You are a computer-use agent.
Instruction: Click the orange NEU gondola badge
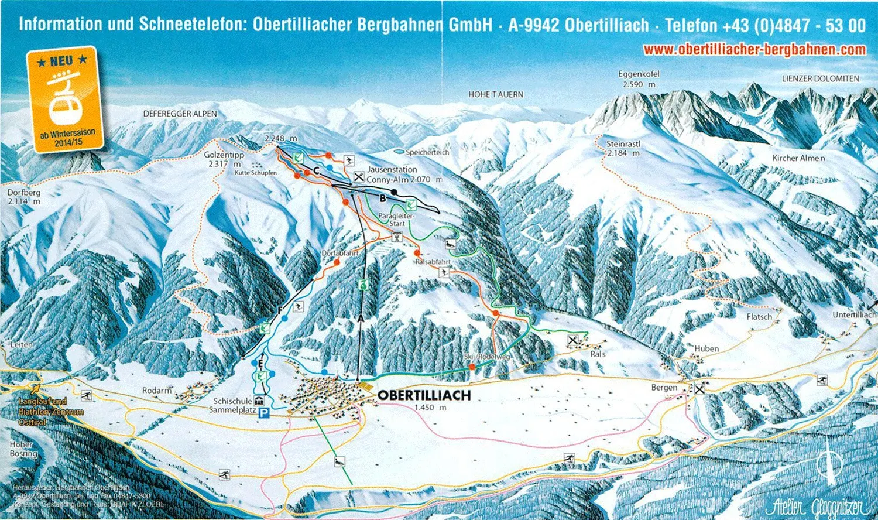pyautogui.click(x=61, y=100)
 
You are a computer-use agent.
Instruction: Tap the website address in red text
pyautogui.click(x=754, y=50)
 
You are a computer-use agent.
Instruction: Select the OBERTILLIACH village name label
pyautogui.click(x=424, y=395)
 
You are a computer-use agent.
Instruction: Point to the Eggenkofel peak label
pyautogui.click(x=639, y=74)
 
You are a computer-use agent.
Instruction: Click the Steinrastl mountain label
pyautogui.click(x=623, y=144)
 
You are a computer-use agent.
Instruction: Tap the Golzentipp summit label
pyautogui.click(x=224, y=155)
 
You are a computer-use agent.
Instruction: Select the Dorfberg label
pyautogui.click(x=24, y=192)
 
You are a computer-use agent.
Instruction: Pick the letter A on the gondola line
pyautogui.click(x=361, y=318)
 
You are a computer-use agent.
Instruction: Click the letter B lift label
pyautogui.click(x=383, y=199)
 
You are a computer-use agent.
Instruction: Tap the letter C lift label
pyautogui.click(x=315, y=170)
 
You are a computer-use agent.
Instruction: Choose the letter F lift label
pyautogui.click(x=280, y=310)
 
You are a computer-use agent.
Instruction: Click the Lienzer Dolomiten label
pyautogui.click(x=820, y=78)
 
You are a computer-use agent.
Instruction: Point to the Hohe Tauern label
pyautogui.click(x=495, y=94)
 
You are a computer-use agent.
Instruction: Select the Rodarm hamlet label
pyautogui.click(x=157, y=391)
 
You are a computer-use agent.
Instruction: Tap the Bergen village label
pyautogui.click(x=664, y=388)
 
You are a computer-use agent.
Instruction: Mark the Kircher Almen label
pyautogui.click(x=798, y=158)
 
